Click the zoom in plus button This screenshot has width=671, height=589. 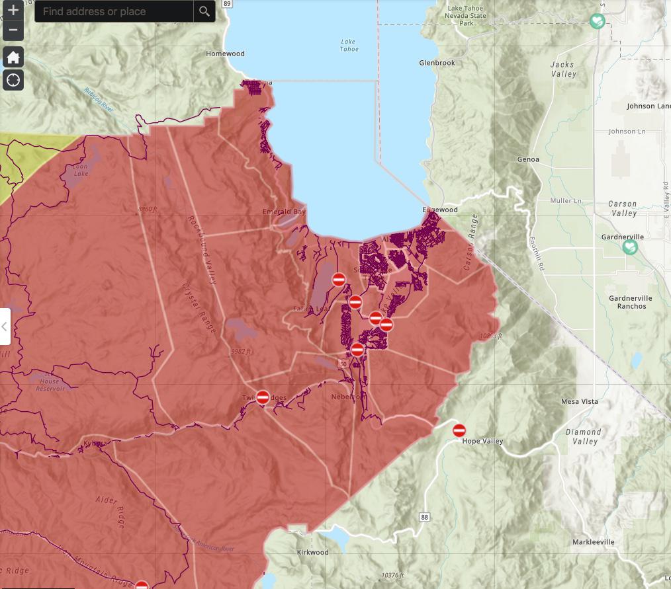[13, 11]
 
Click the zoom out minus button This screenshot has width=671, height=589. [13, 30]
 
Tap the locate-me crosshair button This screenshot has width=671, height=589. [13, 81]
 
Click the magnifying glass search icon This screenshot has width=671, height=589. [204, 11]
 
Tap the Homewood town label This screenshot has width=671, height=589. [225, 54]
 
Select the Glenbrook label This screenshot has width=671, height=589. [437, 63]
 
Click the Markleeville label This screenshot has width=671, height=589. [593, 542]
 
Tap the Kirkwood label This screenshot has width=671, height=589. [312, 552]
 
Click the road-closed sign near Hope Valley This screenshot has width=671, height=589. [459, 430]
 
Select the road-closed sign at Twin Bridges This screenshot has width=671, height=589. [263, 397]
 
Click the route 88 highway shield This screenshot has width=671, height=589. [424, 515]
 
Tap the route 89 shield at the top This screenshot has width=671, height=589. [227, 3]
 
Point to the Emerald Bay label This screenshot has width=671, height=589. [285, 212]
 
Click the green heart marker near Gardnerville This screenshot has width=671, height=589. [630, 247]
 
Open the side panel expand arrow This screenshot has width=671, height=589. [5, 326]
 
